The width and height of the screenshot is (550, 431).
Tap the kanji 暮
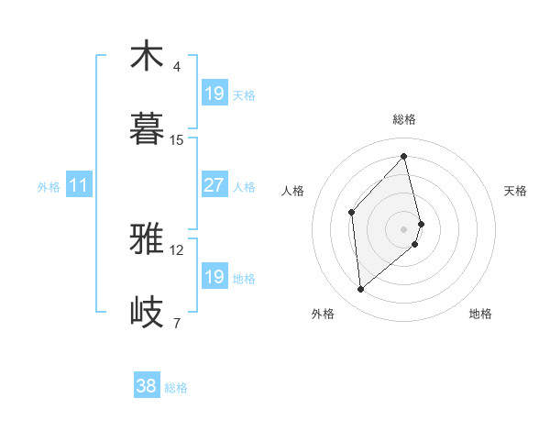point(147,129)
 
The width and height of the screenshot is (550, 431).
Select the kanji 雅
point(147,239)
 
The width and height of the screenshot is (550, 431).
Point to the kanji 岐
point(147,313)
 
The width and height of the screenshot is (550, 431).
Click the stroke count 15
point(177,140)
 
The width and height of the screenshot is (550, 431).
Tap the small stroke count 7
point(177,323)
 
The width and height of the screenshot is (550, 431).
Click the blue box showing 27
point(214,185)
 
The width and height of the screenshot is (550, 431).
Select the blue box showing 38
point(146,386)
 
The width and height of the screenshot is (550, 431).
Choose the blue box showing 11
point(79,185)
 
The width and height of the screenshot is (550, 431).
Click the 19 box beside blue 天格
point(214,94)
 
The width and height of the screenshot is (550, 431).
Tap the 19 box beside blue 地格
point(214,277)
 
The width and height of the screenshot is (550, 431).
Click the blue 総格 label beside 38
point(176,388)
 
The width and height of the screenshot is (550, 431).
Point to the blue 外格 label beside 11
point(49,186)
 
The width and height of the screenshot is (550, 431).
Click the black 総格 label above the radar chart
point(404,119)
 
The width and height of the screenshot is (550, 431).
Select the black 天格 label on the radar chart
point(515,191)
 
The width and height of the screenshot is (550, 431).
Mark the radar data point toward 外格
point(361,290)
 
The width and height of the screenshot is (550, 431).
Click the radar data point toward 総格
point(404,157)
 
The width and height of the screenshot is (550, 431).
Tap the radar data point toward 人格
point(352,213)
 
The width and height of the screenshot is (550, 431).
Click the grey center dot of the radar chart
point(404,227)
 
